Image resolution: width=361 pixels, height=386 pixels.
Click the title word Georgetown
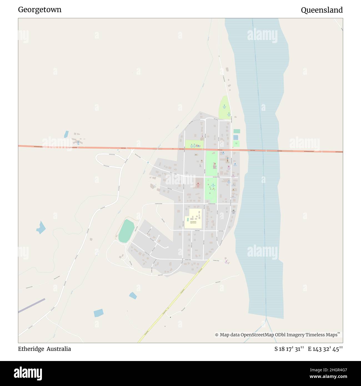(x=40, y=10)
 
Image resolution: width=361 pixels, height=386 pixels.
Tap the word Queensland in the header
(x=322, y=10)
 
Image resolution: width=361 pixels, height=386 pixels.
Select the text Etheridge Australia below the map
(x=44, y=349)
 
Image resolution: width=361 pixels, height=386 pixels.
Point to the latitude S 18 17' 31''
(x=289, y=349)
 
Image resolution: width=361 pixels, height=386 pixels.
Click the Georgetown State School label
(x=191, y=222)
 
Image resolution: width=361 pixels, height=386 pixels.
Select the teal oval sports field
(x=126, y=231)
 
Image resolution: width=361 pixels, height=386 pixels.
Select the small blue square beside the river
(x=236, y=137)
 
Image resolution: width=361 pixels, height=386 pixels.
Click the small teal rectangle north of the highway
(x=237, y=131)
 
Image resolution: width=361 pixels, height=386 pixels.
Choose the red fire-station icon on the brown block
(x=198, y=183)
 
